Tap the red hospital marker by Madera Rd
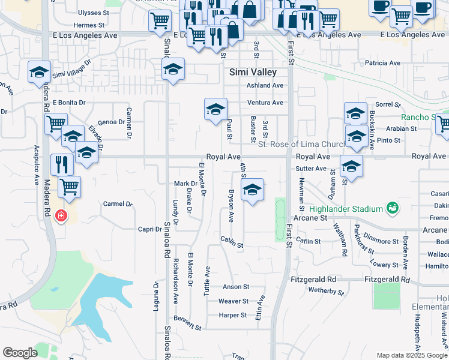(x=61, y=215)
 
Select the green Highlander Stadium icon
(x=393, y=208)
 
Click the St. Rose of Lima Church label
(x=301, y=144)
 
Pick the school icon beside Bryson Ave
(x=253, y=190)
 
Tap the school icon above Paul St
(x=215, y=109)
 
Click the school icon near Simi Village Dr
(x=40, y=73)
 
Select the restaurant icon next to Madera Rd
(x=62, y=163)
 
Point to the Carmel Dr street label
(x=118, y=204)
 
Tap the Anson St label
(x=235, y=287)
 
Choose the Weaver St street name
(x=234, y=301)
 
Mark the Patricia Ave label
(x=382, y=63)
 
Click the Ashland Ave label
(x=265, y=85)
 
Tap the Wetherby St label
(x=326, y=291)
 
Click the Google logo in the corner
(x=20, y=353)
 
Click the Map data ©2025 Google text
(x=412, y=355)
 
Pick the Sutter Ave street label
(x=310, y=169)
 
